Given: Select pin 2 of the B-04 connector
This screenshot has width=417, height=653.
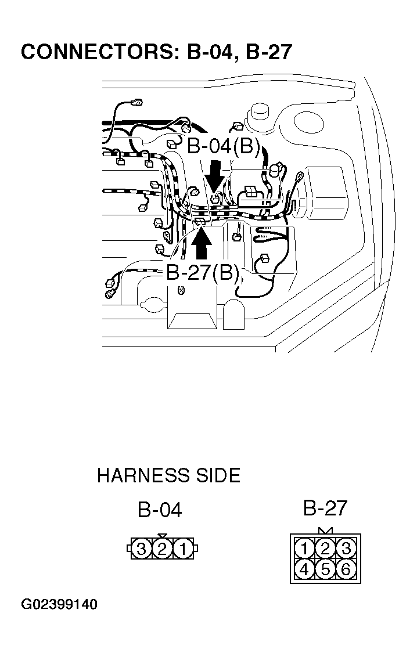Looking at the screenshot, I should [162, 549].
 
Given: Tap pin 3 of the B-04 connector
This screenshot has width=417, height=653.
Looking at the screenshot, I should [141, 549].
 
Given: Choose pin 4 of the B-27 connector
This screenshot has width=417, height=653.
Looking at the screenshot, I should [304, 569].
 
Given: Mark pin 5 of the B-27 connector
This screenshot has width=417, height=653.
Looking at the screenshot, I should [325, 569].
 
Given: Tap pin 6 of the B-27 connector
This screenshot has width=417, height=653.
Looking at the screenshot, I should [346, 569].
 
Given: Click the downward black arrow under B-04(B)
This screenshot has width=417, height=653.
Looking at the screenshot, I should [214, 175].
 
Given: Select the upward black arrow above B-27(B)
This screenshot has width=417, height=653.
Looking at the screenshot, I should [202, 244].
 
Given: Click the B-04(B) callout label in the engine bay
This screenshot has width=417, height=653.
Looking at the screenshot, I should [224, 146].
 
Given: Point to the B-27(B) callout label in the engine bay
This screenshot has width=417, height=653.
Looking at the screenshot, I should [203, 273].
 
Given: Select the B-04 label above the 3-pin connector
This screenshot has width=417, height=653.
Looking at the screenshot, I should [160, 510].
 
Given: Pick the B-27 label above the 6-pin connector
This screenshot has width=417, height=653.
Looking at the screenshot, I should [325, 508].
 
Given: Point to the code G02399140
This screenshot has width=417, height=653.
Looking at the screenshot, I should [59, 605].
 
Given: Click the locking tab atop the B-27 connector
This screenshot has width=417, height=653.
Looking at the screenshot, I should [325, 531].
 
